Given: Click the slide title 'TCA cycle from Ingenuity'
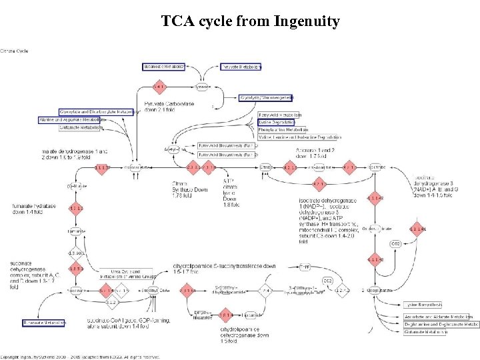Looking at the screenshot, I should pos(250,22).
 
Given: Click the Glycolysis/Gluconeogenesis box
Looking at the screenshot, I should pos(266,98).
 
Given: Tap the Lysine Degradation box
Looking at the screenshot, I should pos(276,123).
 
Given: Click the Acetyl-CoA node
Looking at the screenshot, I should pos(175,149).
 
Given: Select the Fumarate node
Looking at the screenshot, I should pos(76,231).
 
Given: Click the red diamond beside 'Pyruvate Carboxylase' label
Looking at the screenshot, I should pos(159,87).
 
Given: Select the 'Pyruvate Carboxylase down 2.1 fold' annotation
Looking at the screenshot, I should pos(166,107).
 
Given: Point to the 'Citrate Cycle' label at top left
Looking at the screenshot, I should pos(15,50).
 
